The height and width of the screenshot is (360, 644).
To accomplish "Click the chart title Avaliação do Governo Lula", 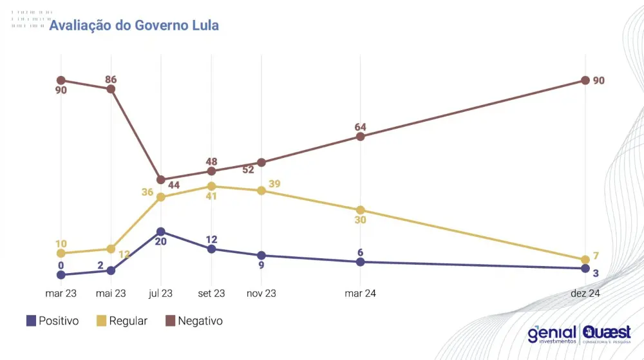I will (x=134, y=25).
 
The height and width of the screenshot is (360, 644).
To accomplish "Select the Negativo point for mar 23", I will (x=61, y=80).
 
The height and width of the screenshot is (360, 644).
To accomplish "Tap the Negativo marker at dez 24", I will (x=585, y=80).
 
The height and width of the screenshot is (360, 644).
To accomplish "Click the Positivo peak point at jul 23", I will (x=161, y=231).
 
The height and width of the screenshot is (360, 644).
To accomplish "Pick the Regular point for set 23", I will (x=211, y=186).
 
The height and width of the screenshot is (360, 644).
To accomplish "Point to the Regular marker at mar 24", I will (x=361, y=210).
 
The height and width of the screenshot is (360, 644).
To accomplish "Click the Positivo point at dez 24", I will (x=585, y=268).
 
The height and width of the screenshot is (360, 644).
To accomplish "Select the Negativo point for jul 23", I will (x=161, y=180).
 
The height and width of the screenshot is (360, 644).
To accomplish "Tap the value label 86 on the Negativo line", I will (x=111, y=79).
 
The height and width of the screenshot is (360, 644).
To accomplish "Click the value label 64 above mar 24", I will (x=361, y=127).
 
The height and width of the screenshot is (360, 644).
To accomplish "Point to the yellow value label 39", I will (x=274, y=184).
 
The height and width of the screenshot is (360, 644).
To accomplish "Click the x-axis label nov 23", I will (x=261, y=294).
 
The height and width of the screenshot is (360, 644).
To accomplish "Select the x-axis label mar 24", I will (x=361, y=294).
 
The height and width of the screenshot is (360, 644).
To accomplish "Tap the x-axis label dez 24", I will (x=585, y=294).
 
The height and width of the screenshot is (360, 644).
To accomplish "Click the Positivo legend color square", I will (x=31, y=321).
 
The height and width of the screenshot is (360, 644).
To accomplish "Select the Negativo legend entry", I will (x=193, y=321).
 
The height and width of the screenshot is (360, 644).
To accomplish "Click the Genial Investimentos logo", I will (x=552, y=334).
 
